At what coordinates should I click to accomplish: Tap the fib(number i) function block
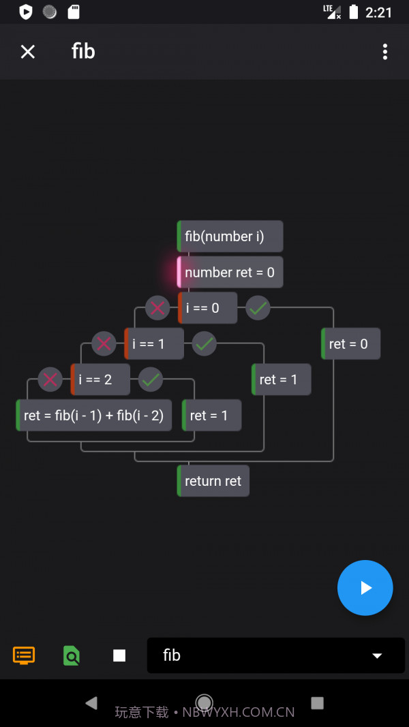tap(230, 236)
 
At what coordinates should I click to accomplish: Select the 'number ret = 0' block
tap(230, 273)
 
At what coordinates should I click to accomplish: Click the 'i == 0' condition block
tap(208, 308)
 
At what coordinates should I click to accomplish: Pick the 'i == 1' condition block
tap(154, 344)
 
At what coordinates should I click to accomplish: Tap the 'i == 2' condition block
tap(100, 380)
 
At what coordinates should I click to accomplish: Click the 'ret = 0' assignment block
tap(351, 344)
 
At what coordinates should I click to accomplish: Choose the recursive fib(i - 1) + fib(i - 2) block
tap(93, 416)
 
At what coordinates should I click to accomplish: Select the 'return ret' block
tap(213, 481)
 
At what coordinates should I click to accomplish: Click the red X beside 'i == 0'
tap(157, 308)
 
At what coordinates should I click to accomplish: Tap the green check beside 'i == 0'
tap(258, 308)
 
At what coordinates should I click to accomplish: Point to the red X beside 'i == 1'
tap(104, 344)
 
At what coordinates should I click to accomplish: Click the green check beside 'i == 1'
tap(204, 344)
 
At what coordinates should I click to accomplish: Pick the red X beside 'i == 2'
tap(50, 380)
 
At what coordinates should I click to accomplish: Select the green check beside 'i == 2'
tap(151, 380)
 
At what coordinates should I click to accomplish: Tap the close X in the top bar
tap(27, 52)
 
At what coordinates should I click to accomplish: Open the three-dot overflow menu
tap(385, 52)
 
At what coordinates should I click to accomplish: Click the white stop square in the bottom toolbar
tap(119, 655)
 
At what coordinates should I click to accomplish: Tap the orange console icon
tap(24, 655)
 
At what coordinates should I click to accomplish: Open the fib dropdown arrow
tap(377, 655)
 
